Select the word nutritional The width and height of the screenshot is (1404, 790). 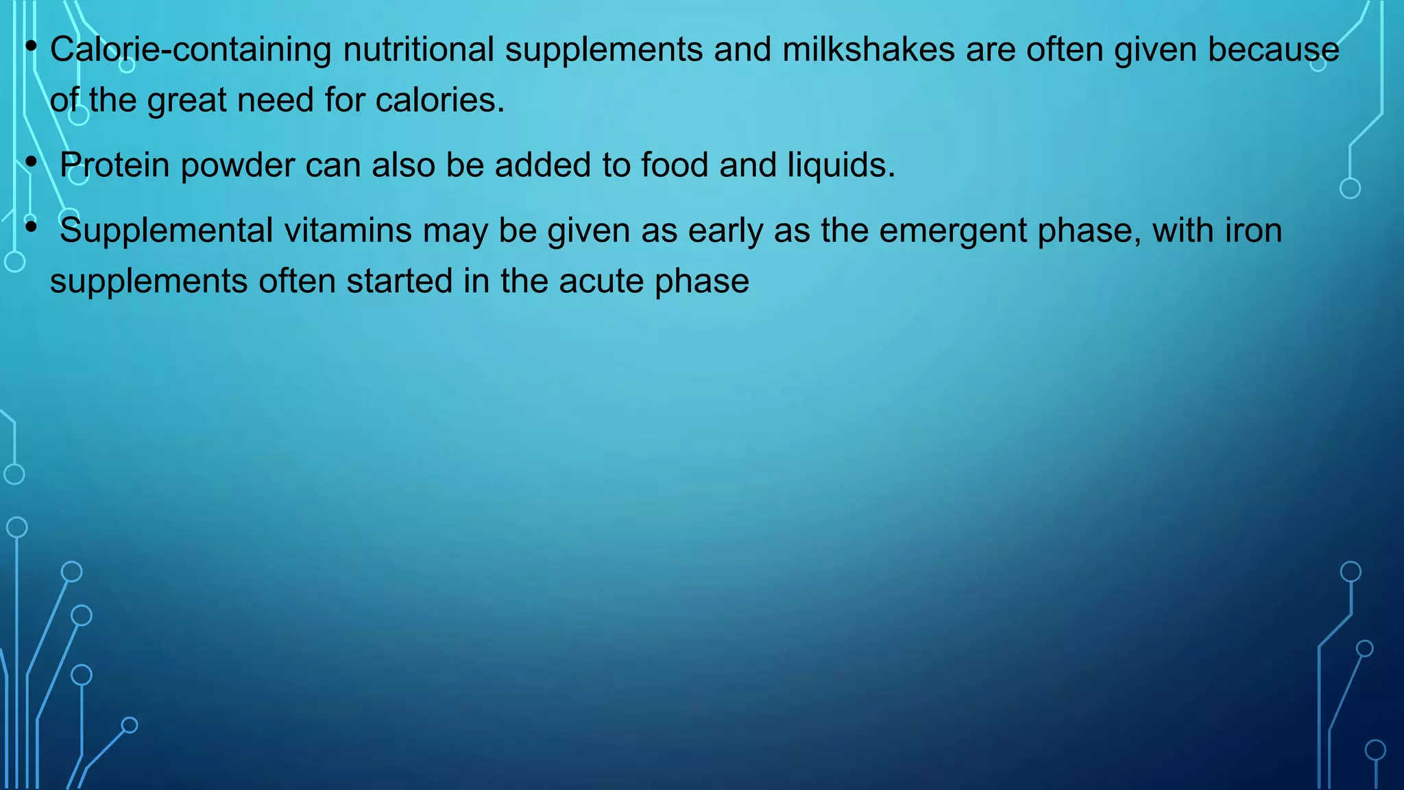tap(418, 49)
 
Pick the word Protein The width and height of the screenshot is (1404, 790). tap(114, 165)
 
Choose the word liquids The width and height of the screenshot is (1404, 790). tap(841, 165)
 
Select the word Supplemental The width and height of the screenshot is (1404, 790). tap(167, 231)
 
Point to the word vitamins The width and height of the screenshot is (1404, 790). tap(348, 230)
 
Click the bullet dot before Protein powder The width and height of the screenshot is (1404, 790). tap(31, 163)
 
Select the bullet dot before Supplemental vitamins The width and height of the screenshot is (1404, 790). tap(31, 227)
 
